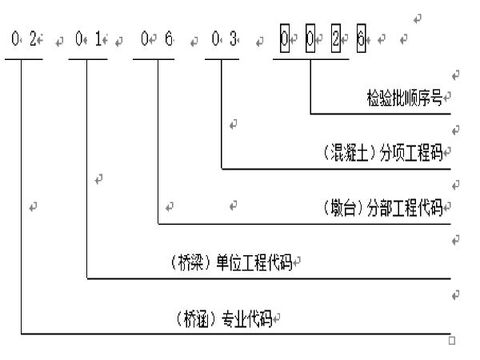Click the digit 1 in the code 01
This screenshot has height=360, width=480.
96,38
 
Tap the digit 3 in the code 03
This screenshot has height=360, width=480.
232,38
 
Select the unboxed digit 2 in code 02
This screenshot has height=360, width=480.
32,38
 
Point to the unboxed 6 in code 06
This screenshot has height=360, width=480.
169,38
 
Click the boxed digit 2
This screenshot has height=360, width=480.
336,38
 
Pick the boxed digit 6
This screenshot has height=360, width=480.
362,38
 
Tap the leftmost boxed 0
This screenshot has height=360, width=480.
284,38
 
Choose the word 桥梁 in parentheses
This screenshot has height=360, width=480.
193,262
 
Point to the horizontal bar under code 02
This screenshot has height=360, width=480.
23,58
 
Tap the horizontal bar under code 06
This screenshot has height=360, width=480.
158,58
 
